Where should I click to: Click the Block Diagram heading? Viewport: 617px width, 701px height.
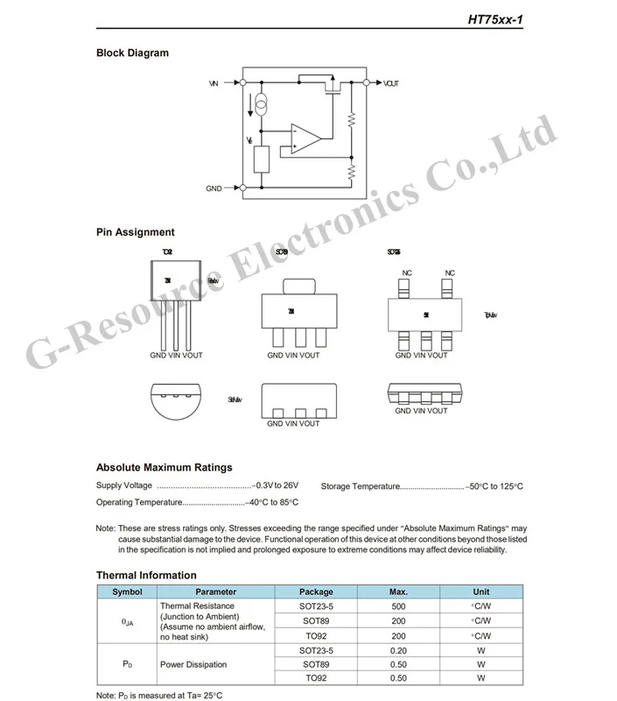pos(132,53)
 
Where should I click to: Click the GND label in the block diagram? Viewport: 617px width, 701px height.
pos(214,188)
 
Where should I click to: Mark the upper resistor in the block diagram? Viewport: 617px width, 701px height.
pos(351,119)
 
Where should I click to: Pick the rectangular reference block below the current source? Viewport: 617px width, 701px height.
pos(262,159)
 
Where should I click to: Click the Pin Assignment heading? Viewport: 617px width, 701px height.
pos(135,232)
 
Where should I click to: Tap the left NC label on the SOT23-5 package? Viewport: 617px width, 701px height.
pos(407,273)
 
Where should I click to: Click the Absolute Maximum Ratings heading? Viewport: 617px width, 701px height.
pos(164,467)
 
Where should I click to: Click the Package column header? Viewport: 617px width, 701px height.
pos(316,591)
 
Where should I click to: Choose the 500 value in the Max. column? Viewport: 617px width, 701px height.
pos(399,605)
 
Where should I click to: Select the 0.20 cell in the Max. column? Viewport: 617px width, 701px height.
pos(399,650)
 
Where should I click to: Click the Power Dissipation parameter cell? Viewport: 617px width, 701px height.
pos(193,664)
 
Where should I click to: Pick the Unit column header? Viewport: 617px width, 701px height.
pos(480,591)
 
